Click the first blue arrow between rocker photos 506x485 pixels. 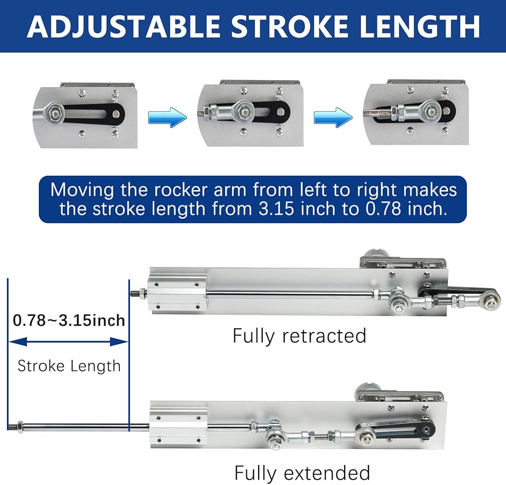(167, 117)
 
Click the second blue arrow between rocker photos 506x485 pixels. (332, 117)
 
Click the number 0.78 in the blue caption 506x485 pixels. (382, 209)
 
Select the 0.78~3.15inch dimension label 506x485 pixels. (69, 320)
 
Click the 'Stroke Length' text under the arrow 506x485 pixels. (69, 366)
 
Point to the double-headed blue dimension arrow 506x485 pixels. (69, 343)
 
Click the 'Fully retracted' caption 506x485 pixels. (299, 336)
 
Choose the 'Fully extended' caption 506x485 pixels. (302, 473)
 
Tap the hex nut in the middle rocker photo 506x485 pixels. (245, 110)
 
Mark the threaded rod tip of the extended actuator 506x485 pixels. (13, 425)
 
